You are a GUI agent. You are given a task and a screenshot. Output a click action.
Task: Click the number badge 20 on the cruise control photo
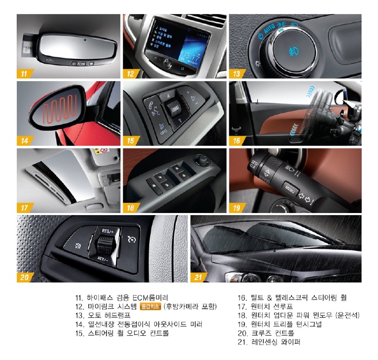(x=25, y=276)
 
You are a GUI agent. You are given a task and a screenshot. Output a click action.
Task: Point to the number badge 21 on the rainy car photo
(x=200, y=276)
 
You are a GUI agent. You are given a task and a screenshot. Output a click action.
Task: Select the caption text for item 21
(x=268, y=342)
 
